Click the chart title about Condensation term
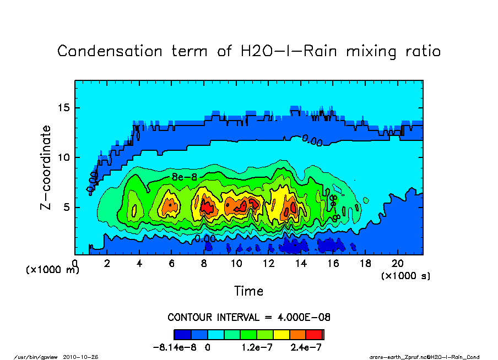249,51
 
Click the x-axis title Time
248,291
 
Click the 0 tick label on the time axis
75,264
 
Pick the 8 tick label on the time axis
204,264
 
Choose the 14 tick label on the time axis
301,264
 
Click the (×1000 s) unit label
405,275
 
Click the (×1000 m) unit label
53,270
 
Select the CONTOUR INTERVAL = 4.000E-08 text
249,317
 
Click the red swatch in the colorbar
314,335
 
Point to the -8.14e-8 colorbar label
175,348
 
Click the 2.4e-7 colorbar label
306,348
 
